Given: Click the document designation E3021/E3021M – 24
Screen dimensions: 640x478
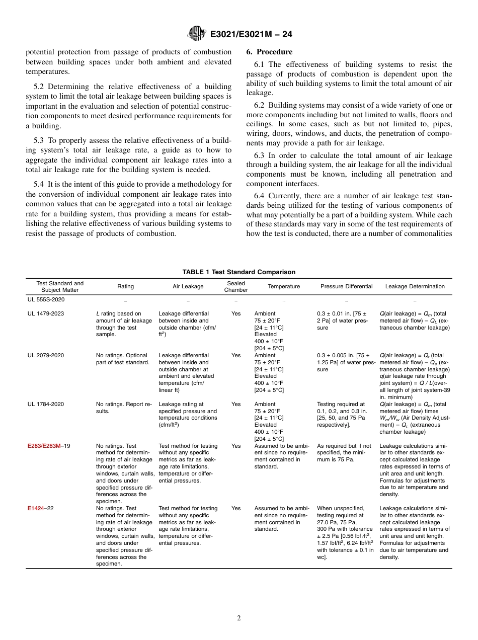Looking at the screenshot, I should point(251,34).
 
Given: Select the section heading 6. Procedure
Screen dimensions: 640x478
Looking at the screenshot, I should point(269,52).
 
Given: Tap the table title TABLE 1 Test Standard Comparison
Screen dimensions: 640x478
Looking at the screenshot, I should point(238,272).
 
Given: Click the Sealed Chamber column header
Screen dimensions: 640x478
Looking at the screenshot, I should point(236,286).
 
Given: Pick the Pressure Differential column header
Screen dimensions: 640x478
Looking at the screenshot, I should point(346,286).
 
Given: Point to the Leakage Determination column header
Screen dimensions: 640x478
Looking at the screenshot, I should point(415,286).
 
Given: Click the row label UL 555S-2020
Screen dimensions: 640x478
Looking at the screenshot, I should point(46,300).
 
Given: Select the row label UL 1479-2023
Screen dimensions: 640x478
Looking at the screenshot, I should point(46,313).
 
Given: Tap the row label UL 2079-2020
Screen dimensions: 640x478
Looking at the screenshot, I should point(46,355).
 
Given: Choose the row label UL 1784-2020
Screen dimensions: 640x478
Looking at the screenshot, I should point(46,404).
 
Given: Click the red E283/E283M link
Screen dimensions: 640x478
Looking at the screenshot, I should point(44,446).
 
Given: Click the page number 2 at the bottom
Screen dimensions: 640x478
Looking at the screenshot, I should point(239,618).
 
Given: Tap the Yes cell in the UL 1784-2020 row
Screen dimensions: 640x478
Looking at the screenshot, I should point(236,404).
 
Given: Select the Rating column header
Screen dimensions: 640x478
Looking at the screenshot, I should point(125,286).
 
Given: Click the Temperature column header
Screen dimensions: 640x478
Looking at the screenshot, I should point(284,286).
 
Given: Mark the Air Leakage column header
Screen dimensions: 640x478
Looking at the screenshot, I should point(188,286).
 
